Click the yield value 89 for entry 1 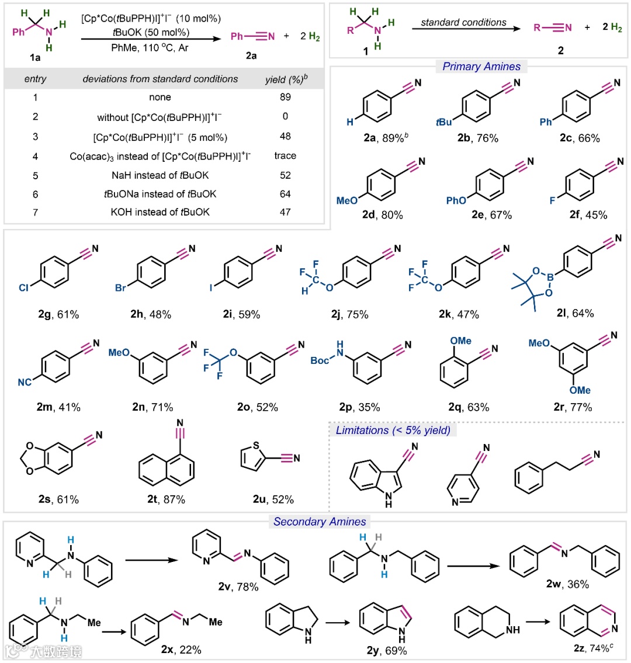click(x=285, y=97)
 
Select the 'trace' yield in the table click(x=285, y=155)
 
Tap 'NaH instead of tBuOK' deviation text click(x=160, y=175)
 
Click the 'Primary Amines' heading click(x=481, y=67)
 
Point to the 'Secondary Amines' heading click(x=320, y=522)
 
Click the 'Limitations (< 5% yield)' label click(x=393, y=431)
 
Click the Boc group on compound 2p click(x=320, y=360)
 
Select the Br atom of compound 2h click(x=120, y=288)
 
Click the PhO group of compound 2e click(x=456, y=200)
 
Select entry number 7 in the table click(x=35, y=212)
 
